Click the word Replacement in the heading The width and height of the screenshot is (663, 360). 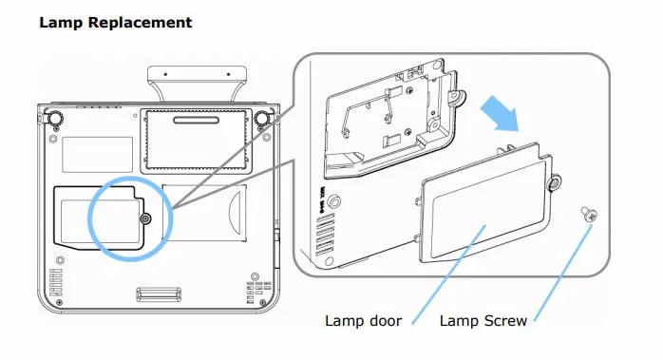coord(140,23)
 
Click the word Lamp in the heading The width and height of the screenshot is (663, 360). coord(61,23)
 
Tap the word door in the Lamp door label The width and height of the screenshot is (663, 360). coord(383,321)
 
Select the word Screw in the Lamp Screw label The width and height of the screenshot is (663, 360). coord(505,321)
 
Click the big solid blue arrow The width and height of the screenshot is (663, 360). coord(501,113)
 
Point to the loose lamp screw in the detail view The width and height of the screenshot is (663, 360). coord(588,214)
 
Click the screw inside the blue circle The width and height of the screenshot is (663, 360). coord(146,218)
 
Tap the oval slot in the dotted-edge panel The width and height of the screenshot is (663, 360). coord(197,120)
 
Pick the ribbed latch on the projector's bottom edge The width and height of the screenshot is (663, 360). coord(159,294)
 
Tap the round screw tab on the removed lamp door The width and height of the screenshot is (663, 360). coord(554,182)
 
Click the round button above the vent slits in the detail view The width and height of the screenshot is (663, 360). coord(334,200)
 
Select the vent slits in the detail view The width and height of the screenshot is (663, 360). coord(325,234)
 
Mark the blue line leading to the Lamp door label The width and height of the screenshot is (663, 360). coord(448,275)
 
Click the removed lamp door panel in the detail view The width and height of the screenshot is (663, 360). coord(486,202)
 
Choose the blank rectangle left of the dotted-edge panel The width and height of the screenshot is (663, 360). coord(97,155)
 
